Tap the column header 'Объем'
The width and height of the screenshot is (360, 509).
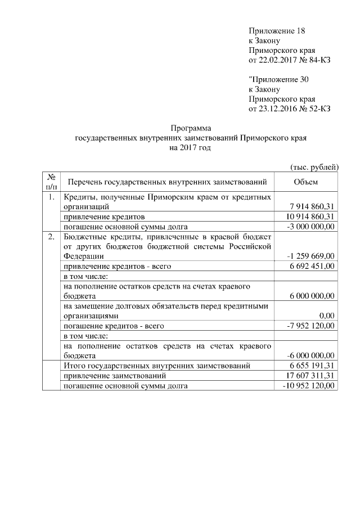pyautogui.click(x=305, y=182)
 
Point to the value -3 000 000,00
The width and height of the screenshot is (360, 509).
pyautogui.click(x=311, y=226)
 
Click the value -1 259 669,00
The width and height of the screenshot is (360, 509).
pyautogui.click(x=311, y=256)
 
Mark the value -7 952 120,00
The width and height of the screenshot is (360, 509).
pyautogui.click(x=311, y=326)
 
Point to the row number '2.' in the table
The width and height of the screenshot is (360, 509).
pyautogui.click(x=51, y=236)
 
